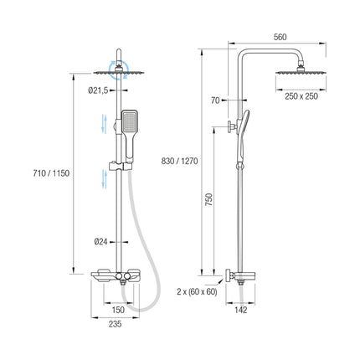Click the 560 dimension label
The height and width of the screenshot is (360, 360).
280,37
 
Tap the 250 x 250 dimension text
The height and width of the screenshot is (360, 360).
301,96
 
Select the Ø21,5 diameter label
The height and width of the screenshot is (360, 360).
98,90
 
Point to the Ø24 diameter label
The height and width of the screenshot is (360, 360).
100,242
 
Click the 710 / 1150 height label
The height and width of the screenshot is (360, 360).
51,173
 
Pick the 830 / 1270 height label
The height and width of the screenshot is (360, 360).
179,161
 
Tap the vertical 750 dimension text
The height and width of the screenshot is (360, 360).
209,199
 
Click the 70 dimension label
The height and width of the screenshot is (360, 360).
215,100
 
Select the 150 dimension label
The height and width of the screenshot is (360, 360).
118,310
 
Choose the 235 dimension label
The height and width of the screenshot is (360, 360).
115,324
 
